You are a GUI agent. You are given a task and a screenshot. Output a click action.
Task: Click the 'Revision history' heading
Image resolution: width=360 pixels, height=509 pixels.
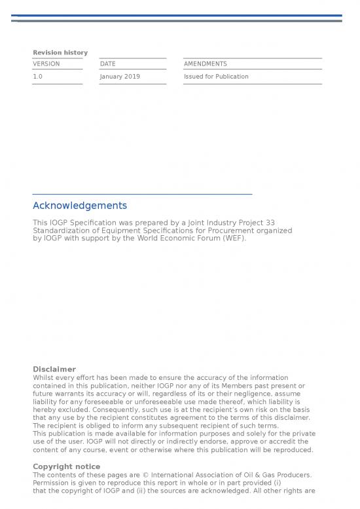coord(60,52)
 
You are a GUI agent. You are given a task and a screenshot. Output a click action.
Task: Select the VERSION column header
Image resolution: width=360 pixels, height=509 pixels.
coord(46,64)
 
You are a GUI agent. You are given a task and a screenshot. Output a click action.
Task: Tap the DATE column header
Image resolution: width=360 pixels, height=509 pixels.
coord(107,64)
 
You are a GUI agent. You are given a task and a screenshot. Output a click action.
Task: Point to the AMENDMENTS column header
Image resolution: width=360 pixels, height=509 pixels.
coord(206,64)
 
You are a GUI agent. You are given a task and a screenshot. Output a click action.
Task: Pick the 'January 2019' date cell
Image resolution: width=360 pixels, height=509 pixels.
coord(120,77)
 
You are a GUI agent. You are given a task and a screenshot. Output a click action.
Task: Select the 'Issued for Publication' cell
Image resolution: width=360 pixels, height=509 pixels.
coord(216,77)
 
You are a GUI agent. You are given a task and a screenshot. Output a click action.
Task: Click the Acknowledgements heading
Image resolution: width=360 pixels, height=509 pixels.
coord(80,206)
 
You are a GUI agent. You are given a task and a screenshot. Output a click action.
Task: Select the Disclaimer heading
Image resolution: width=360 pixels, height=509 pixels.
coord(54,369)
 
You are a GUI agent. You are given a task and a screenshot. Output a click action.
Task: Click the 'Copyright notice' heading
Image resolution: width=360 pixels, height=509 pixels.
coord(67,466)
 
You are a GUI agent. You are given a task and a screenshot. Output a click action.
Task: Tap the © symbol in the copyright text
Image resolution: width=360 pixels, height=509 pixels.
coord(149,475)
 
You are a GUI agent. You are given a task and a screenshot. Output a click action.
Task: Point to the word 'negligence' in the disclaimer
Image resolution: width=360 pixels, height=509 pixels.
coord(246,394)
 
